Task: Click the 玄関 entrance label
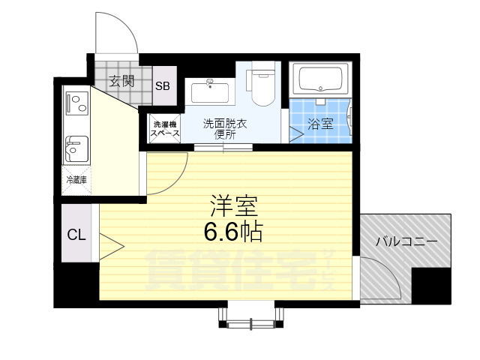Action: pos(121,81)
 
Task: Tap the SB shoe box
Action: pos(163,85)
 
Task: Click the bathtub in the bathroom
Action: pos(321,79)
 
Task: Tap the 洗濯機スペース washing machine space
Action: pos(164,128)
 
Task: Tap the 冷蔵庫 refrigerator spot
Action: pos(76,180)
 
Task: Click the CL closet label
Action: pos(76,235)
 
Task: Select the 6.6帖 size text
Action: pos(232,232)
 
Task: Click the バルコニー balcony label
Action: pos(405,242)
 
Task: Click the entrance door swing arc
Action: pos(116,34)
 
